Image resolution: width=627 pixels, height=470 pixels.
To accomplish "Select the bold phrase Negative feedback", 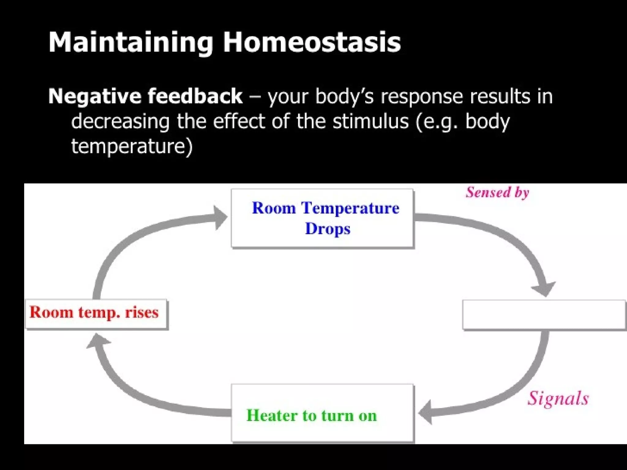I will [x=145, y=96].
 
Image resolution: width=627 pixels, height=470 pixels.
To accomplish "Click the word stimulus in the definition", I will [x=370, y=121].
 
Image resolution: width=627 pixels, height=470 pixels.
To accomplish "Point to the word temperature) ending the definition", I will [x=132, y=146].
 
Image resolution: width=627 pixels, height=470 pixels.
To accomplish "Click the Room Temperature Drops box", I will [x=322, y=218].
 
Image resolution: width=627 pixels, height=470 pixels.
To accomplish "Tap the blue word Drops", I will [x=328, y=229].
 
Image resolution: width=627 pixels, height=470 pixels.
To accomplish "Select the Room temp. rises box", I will [x=96, y=314].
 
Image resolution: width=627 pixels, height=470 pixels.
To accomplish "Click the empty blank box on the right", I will [x=544, y=315].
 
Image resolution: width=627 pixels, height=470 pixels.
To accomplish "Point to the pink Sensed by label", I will [x=497, y=192].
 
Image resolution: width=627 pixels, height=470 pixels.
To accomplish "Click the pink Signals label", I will [x=558, y=398].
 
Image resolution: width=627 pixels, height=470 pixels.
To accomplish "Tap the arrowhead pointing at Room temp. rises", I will [x=97, y=341].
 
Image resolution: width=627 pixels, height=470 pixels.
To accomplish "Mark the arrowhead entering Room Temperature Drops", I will [x=220, y=217].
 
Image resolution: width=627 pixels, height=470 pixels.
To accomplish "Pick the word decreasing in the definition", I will [x=120, y=121].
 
